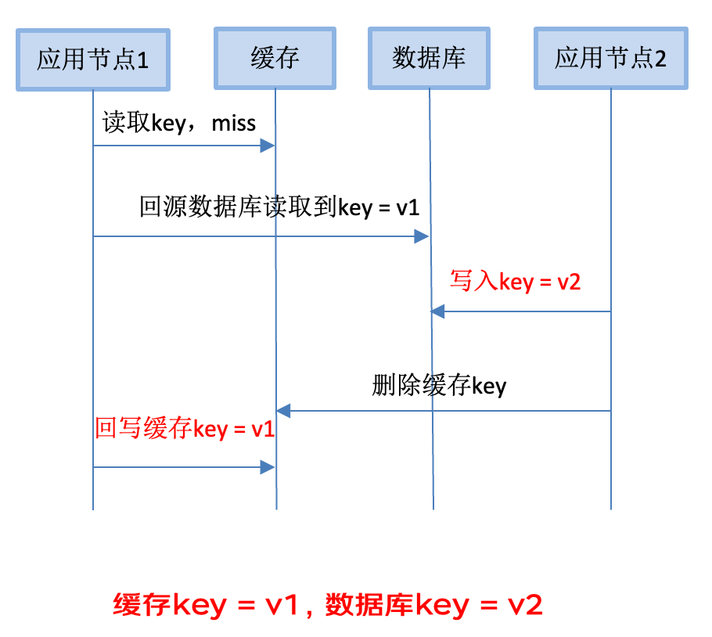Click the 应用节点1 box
click(x=93, y=59)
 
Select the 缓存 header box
click(x=275, y=58)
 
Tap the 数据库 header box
click(x=429, y=58)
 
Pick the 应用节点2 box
click(x=611, y=58)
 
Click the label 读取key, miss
click(x=179, y=123)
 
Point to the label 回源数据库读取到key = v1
click(x=279, y=207)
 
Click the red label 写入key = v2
click(x=515, y=281)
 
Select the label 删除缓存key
click(x=439, y=386)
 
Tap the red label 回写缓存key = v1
click(x=185, y=428)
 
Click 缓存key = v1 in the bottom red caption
click(x=206, y=605)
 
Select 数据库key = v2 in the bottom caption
click(x=433, y=605)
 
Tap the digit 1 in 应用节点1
click(x=142, y=60)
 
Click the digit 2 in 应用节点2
click(x=660, y=59)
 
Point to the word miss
click(x=234, y=123)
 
